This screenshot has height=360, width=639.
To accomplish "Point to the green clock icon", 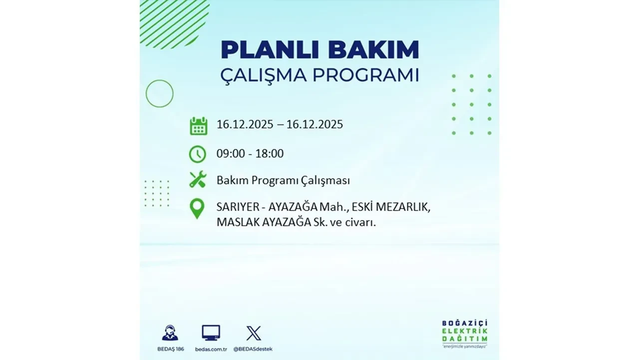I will pyautogui.click(x=198, y=154).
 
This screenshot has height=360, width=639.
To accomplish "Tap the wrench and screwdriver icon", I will pyautogui.click(x=198, y=179).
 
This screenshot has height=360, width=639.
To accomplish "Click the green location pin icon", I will pyautogui.click(x=197, y=209).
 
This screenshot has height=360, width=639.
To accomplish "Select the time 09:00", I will pyautogui.click(x=231, y=153).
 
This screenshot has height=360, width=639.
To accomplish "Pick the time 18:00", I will pyautogui.click(x=269, y=153).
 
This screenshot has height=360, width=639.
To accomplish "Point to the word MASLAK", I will pyautogui.click(x=236, y=222).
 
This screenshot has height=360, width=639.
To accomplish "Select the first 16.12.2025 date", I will pyautogui.click(x=245, y=124).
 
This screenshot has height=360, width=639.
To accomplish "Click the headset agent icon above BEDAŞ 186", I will pyautogui.click(x=170, y=332).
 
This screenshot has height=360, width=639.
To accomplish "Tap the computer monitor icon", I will pyautogui.click(x=211, y=332).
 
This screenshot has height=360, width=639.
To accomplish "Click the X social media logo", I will pyautogui.click(x=254, y=332).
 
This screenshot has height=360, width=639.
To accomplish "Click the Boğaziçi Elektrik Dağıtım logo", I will pyautogui.click(x=465, y=332).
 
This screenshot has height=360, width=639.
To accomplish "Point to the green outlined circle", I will pyautogui.click(x=159, y=93).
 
